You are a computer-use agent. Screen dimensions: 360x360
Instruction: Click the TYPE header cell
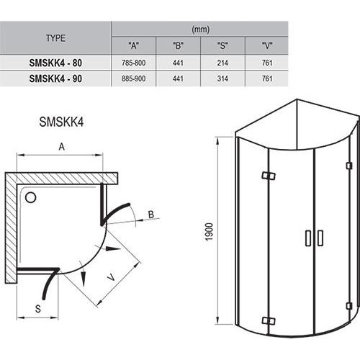click(55, 37)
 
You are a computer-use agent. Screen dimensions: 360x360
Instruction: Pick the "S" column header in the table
click(222, 45)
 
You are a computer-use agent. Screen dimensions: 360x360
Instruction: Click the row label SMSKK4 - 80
click(55, 63)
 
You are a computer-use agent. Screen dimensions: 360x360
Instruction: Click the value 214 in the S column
click(222, 63)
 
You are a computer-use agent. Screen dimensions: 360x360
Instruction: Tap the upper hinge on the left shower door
click(268, 176)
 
